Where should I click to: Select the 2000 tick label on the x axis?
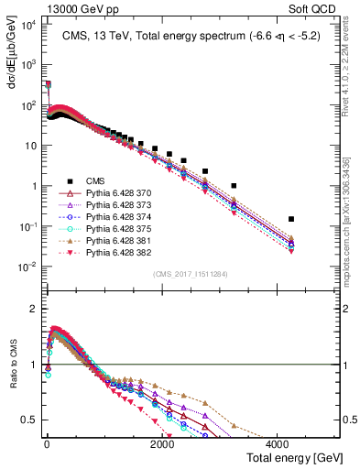(x=163, y=443)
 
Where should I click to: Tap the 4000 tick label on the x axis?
(x=279, y=443)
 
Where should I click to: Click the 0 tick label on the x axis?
(x=47, y=443)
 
